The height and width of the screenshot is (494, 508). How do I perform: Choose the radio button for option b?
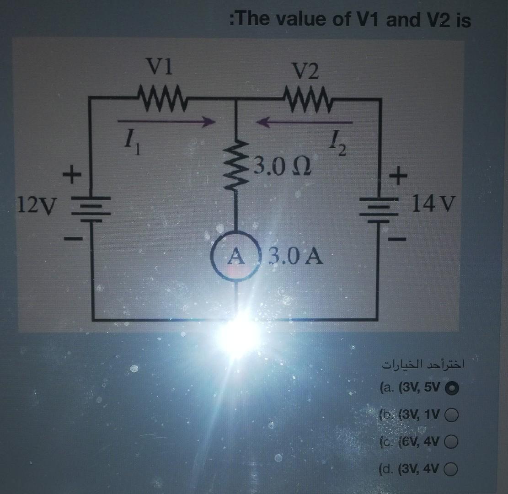point(452,415)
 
